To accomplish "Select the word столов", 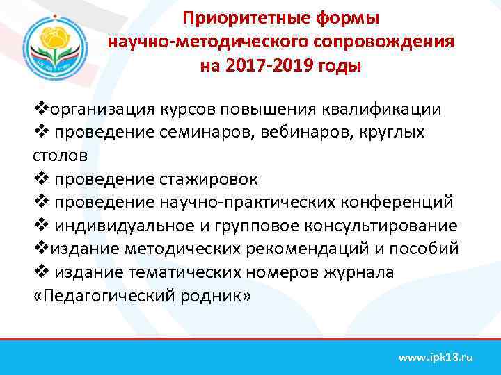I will [x=58, y=156].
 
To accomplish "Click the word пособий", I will [x=429, y=249].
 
